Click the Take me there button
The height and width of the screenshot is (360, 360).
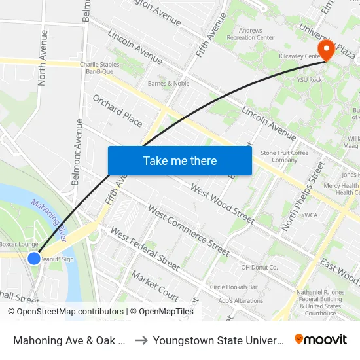179,160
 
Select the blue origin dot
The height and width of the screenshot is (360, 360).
34,259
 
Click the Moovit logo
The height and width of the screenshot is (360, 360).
320,339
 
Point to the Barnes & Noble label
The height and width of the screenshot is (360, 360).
168,84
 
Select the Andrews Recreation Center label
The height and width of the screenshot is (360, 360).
251,33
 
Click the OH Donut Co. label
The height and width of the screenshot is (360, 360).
259,267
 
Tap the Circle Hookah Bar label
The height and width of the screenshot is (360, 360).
234,287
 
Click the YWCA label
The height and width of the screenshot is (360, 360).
309,215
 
